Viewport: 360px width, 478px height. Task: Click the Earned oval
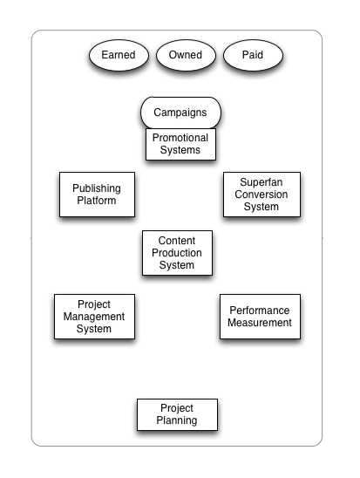pos(119,56)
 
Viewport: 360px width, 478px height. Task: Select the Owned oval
pos(186,56)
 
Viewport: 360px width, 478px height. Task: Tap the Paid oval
pos(253,56)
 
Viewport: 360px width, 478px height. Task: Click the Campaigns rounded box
pos(180,113)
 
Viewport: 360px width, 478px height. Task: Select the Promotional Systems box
pos(180,144)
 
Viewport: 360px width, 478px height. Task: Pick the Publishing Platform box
pos(96,195)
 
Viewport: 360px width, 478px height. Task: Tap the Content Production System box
pos(177,253)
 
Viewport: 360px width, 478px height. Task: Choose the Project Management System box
pos(94,317)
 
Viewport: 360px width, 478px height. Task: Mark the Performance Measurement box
pos(260,317)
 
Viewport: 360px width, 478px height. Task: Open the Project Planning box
pos(177,414)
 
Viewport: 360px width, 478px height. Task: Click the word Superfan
pos(261,182)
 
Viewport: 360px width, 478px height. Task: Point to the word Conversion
pos(261,195)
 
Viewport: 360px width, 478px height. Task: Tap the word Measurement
pos(260,323)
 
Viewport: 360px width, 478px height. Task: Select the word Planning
pos(177,420)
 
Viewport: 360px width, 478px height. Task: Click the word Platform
pos(96,201)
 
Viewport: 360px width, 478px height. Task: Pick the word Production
pos(177,253)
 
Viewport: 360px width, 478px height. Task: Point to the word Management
pos(94,317)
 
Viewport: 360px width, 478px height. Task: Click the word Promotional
pos(180,138)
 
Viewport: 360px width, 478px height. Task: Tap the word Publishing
pos(96,188)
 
